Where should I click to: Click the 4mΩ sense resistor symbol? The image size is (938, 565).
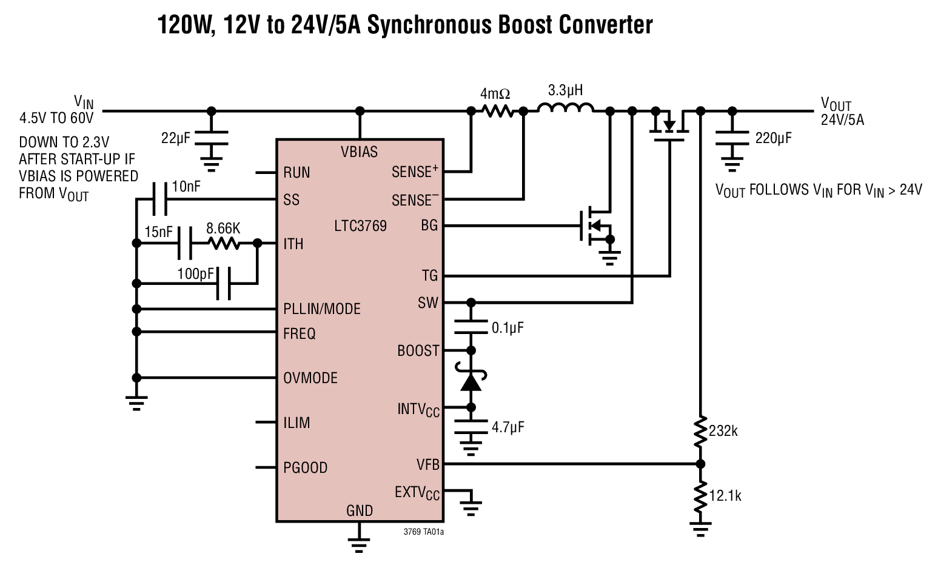click(x=497, y=112)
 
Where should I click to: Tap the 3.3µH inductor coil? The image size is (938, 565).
click(x=566, y=109)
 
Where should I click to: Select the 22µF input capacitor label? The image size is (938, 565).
click(x=175, y=138)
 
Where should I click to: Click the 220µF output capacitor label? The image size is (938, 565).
click(x=773, y=138)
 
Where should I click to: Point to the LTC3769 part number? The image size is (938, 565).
click(x=360, y=226)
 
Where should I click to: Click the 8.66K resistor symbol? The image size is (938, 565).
click(x=224, y=244)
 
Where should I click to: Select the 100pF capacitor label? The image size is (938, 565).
click(x=196, y=273)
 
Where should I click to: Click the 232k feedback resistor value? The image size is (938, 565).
click(x=723, y=431)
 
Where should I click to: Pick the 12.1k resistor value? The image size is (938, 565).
click(x=725, y=496)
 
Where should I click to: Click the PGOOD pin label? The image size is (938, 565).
click(x=305, y=468)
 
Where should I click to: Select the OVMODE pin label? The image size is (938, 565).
click(x=310, y=378)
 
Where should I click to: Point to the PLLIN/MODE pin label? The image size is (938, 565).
click(x=321, y=309)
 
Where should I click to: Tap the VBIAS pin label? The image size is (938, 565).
click(x=359, y=152)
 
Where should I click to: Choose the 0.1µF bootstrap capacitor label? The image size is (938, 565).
click(x=508, y=328)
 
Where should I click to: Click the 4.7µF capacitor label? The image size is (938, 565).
click(x=508, y=427)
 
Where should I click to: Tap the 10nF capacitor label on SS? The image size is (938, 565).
click(x=186, y=187)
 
